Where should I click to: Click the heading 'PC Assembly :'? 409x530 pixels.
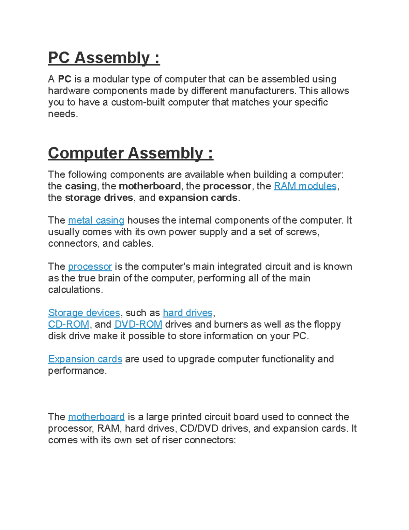click(104, 58)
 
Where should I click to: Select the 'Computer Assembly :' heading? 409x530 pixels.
click(131, 153)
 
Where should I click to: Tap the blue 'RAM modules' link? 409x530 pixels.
click(305, 186)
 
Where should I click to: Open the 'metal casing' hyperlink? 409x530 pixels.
click(96, 220)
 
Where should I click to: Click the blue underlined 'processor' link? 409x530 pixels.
click(90, 267)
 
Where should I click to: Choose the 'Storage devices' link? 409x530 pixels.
click(84, 313)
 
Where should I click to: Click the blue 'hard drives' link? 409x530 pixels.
click(187, 313)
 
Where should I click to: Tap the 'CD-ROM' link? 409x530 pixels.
click(69, 324)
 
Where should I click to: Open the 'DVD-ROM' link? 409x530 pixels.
click(138, 324)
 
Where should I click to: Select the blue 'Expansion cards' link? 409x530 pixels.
click(85, 359)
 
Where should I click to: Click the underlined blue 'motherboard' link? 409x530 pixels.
click(96, 417)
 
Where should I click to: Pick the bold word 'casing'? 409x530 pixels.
click(81, 186)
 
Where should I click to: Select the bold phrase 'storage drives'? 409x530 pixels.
click(99, 198)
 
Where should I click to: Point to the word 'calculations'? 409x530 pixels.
click(75, 290)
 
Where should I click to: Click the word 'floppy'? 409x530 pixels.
click(327, 324)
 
